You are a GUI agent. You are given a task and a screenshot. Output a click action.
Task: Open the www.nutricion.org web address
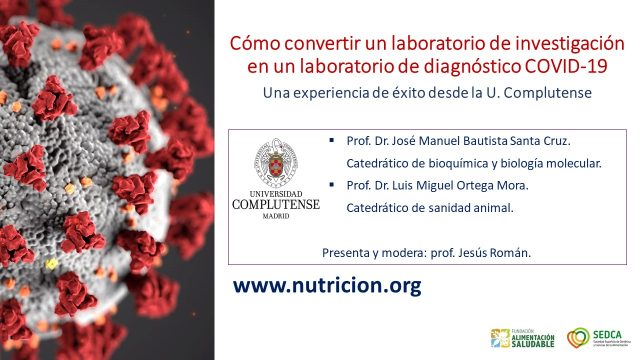[x=327, y=285]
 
